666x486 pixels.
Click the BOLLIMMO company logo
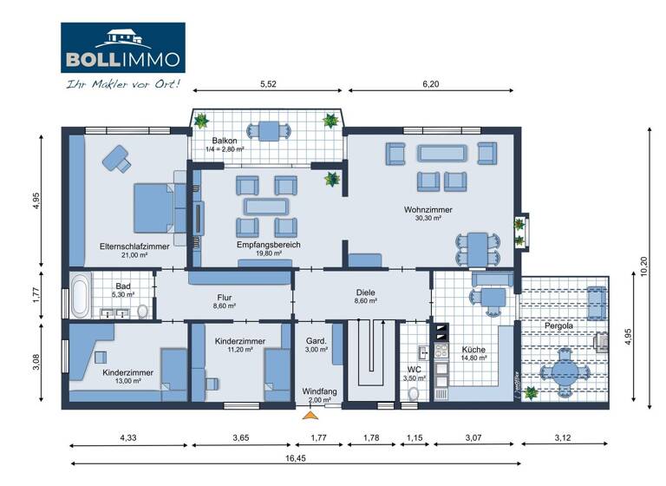click(x=122, y=48)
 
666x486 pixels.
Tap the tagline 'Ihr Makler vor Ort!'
click(x=122, y=84)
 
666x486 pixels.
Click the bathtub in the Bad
click(x=79, y=295)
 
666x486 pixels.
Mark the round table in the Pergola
click(x=562, y=371)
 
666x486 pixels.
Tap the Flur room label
click(x=224, y=297)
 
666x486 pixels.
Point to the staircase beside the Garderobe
click(x=371, y=356)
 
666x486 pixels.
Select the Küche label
click(x=473, y=349)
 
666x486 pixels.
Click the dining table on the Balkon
click(x=269, y=131)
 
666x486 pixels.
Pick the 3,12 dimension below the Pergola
click(x=569, y=437)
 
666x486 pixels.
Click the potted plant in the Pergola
click(x=530, y=393)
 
